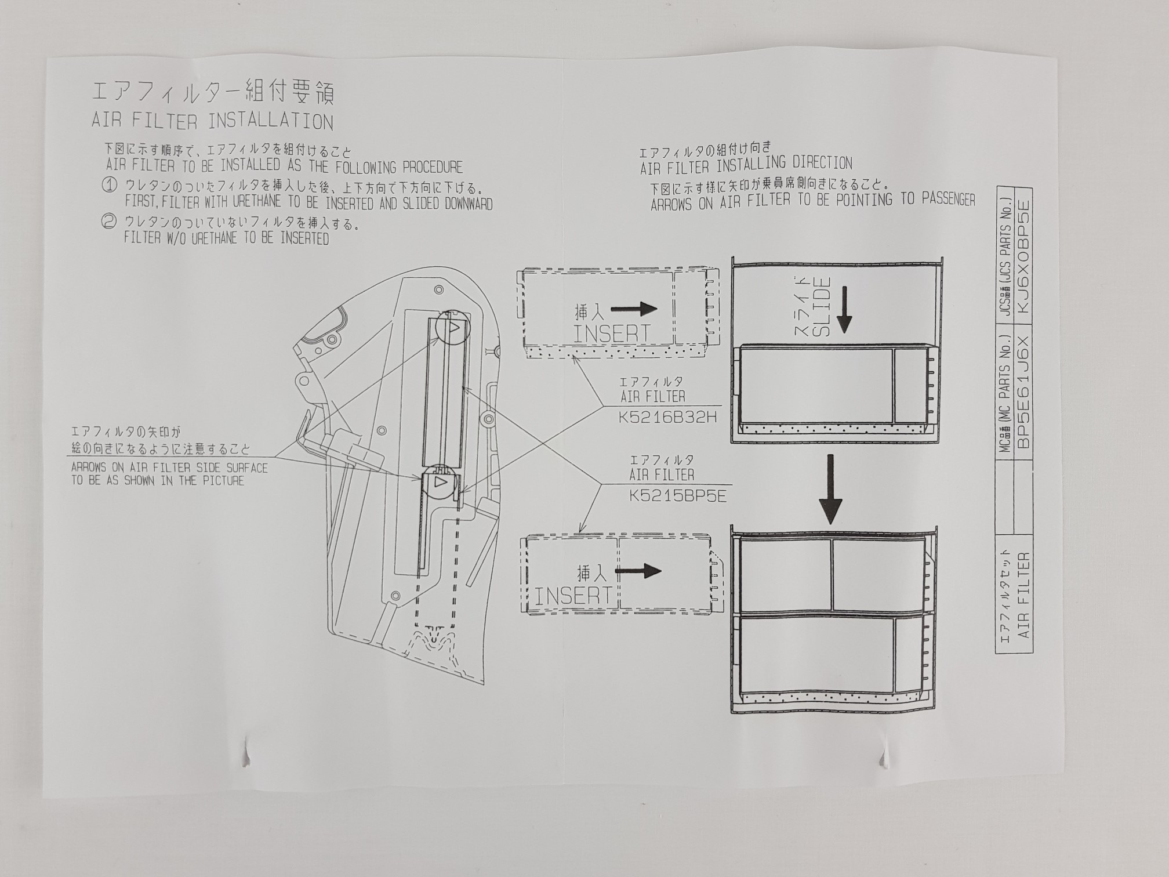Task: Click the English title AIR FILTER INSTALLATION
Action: [x=212, y=122]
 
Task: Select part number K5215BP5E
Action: [x=677, y=497]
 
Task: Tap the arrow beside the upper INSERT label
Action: [x=634, y=309]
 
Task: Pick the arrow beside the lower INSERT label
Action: [x=638, y=571]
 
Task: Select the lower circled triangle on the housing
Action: [x=440, y=483]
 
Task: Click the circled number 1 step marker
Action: [x=110, y=186]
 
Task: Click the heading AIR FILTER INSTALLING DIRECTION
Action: [x=746, y=165]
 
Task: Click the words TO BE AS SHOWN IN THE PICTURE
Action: [x=158, y=481]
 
